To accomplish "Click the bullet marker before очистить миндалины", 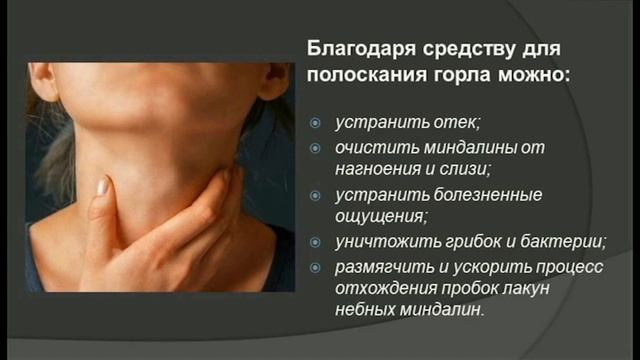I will pyautogui.click(x=314, y=148).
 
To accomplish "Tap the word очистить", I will pyautogui.click(x=371, y=148).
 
